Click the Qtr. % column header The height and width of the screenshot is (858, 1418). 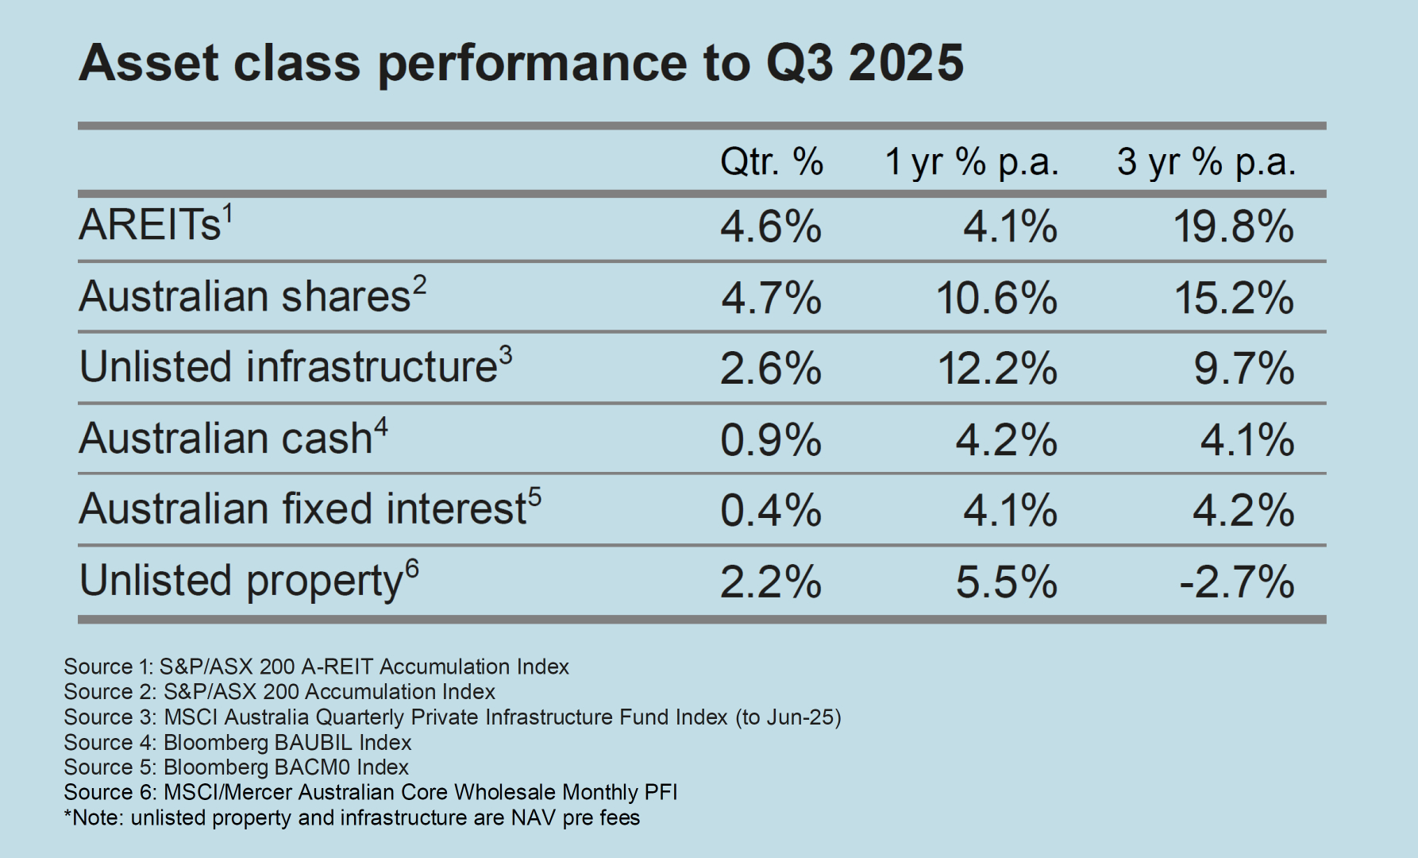point(771,162)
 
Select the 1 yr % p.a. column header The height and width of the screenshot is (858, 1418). point(972,162)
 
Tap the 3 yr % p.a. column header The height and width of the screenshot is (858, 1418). point(1206,162)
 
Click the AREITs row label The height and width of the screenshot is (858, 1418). point(150,225)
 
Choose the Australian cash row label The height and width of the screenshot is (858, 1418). point(225,439)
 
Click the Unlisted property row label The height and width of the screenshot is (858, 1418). point(241,581)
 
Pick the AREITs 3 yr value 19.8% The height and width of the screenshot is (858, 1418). point(1234,228)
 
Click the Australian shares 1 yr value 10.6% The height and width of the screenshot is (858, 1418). point(996,299)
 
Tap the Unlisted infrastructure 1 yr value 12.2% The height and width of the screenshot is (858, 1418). point(997,369)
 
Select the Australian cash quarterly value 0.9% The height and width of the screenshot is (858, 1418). point(770,440)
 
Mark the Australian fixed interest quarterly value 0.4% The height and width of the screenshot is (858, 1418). point(770,511)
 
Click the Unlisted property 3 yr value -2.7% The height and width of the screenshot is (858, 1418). point(1237,582)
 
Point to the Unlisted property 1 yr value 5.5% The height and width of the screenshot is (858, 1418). point(1006,582)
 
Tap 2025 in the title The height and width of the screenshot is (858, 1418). point(906,63)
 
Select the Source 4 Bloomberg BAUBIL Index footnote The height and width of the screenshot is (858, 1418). point(237,743)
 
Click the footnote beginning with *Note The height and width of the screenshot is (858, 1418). point(352,817)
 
